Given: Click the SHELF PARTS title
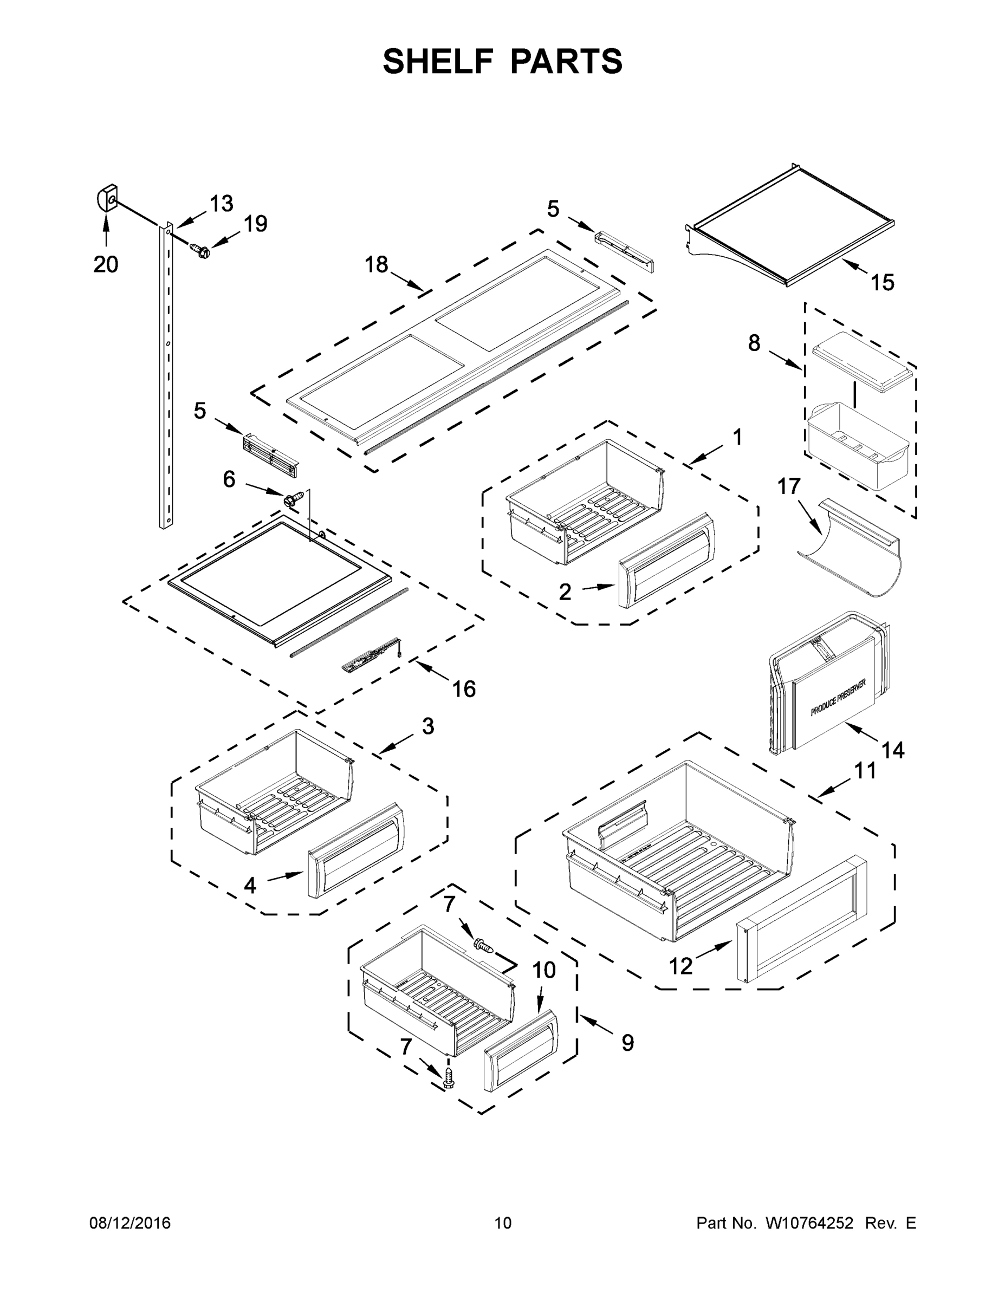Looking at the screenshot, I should pos(503,62).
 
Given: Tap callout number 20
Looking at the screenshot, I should pos(106,264).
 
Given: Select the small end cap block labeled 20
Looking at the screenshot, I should pos(107,198).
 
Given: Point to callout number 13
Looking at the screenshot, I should pos(222,204).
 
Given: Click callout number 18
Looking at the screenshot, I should pos(377,264).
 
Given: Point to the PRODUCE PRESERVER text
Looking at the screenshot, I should pos(838,697).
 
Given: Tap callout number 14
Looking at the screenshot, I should pos(892,750).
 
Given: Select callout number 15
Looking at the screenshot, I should pos(883,283).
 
